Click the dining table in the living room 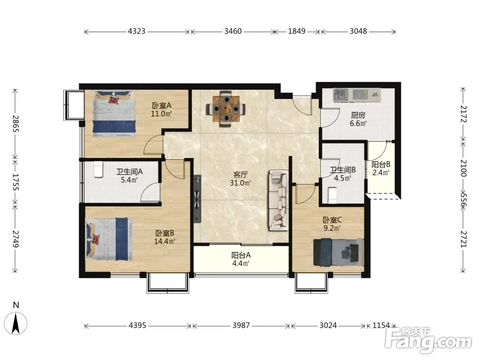click(226, 108)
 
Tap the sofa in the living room click(278, 201)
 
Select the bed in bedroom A click(114, 113)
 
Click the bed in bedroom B click(109, 239)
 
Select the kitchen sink click(341, 95)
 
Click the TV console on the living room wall click(197, 199)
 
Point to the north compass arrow click(16, 324)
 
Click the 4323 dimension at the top click(136, 31)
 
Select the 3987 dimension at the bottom click(241, 325)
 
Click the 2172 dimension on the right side click(463, 114)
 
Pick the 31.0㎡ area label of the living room click(240, 183)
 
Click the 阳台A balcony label click(241, 255)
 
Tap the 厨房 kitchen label click(358, 115)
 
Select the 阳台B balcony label click(381, 164)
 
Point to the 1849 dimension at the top click(297, 31)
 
